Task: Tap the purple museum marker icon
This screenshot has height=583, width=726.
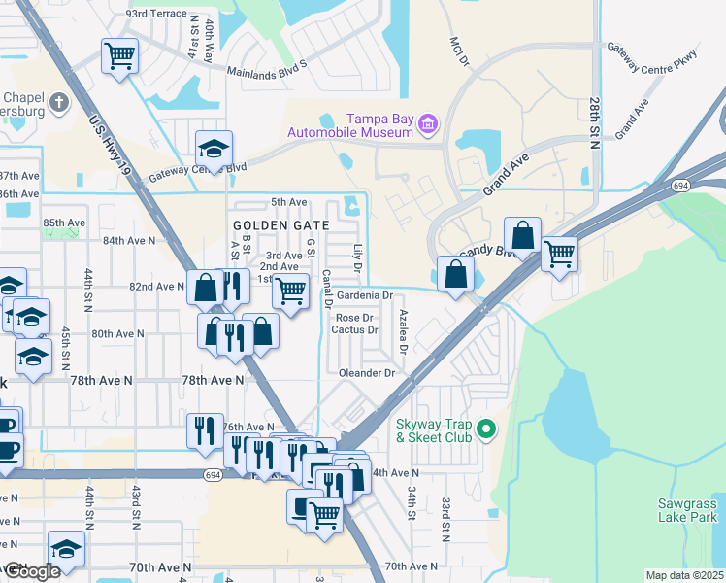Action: (x=428, y=123)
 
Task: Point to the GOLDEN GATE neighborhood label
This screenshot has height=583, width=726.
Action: (x=281, y=224)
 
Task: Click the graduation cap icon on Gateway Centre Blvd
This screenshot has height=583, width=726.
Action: (x=214, y=148)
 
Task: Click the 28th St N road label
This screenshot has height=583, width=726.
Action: (x=594, y=123)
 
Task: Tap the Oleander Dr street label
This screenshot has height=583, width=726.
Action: (x=367, y=373)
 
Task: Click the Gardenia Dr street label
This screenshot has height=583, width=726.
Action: (x=364, y=295)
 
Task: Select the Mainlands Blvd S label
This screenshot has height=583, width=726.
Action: (x=266, y=70)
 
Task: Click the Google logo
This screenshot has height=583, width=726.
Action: (x=31, y=571)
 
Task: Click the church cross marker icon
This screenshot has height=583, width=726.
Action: (x=58, y=101)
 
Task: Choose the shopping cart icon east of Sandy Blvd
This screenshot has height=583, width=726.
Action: (x=559, y=254)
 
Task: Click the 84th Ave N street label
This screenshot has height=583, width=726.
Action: (x=129, y=240)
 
